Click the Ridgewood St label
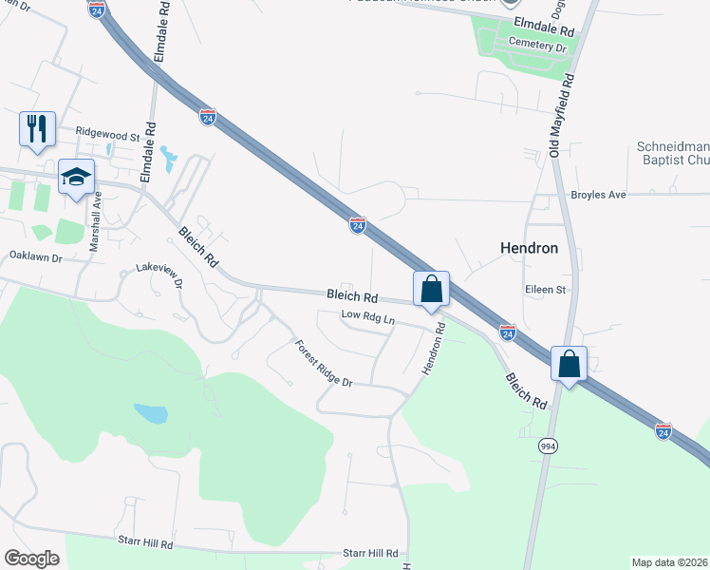point(107,134)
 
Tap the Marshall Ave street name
point(96,222)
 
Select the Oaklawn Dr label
point(35,256)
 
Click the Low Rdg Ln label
point(367,316)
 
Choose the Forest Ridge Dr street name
point(323,364)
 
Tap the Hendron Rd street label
point(433,349)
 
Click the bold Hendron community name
point(528,248)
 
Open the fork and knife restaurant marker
point(37,128)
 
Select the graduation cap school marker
point(77,176)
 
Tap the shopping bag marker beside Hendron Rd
point(431,288)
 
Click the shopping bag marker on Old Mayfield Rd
point(569,364)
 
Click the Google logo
point(31,559)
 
